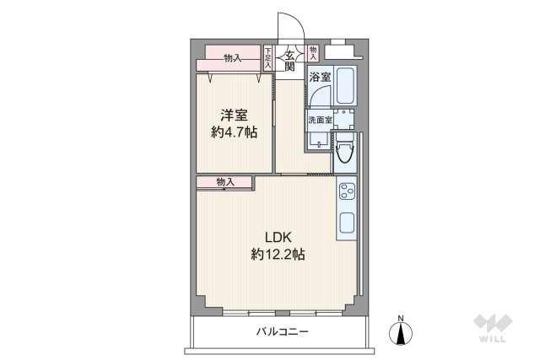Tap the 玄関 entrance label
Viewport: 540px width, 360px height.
[289, 61]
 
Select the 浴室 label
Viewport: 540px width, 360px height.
[319, 77]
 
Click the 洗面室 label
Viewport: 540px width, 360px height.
[319, 120]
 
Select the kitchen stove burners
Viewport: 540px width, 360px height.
[346, 196]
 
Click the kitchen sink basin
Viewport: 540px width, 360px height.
[346, 224]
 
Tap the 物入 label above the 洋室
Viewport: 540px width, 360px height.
[233, 58]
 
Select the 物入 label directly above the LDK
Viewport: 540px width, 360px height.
[224, 181]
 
